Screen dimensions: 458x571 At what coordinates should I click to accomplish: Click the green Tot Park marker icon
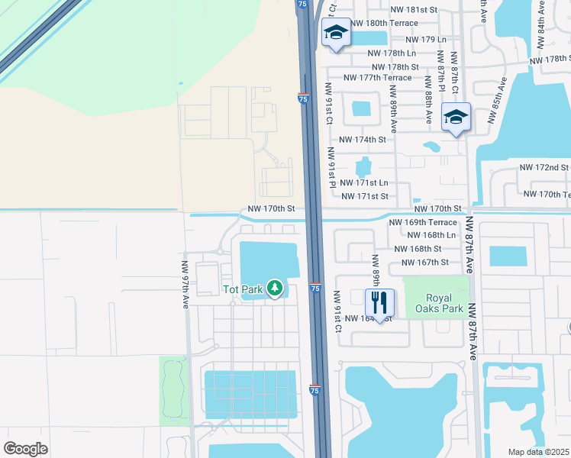click(276, 289)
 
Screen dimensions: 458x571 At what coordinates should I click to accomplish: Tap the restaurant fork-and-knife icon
click(379, 302)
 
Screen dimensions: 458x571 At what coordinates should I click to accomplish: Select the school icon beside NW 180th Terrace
click(336, 33)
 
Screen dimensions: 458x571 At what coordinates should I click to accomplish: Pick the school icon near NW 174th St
click(456, 117)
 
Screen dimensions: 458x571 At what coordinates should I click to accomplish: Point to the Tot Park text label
click(242, 289)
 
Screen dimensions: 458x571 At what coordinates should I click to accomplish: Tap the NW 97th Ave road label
click(185, 283)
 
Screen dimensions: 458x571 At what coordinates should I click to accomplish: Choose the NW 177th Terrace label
click(377, 78)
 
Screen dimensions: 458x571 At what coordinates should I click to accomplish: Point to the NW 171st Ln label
click(364, 182)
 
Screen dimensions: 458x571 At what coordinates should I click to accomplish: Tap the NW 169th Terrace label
click(422, 222)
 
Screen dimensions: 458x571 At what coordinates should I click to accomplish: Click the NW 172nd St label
click(544, 166)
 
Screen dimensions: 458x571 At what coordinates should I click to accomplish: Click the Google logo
click(25, 449)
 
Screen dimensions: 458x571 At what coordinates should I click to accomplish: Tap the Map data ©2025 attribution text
click(539, 452)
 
